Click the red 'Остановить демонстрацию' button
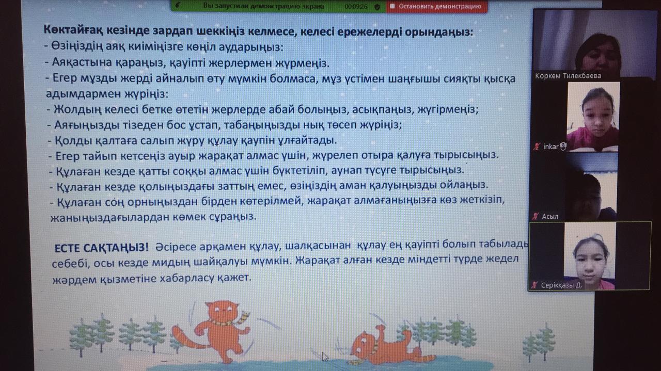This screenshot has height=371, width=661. tap(436, 6)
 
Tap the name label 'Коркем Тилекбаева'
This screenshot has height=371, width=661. tap(568, 76)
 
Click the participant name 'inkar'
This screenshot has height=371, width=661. tap(551, 147)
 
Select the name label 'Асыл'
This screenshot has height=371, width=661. tap(550, 216)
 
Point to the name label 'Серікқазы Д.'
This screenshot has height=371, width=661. tap(561, 285)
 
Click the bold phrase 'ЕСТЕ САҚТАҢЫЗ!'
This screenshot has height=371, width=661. tap(102, 248)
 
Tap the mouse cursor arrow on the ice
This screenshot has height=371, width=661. tap(325, 357)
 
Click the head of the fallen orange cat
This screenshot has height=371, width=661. tap(362, 346)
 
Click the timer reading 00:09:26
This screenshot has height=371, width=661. tap(356, 6)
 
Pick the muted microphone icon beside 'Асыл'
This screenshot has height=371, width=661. tap(536, 216)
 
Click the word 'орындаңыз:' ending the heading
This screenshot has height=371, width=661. tap(438, 32)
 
